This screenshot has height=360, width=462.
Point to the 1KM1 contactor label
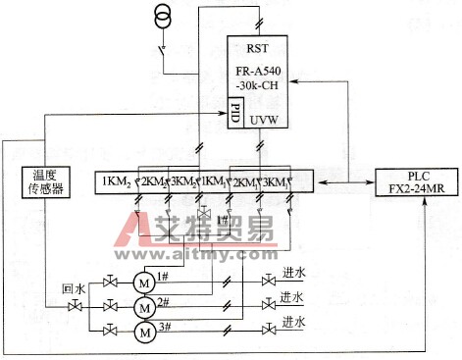pyautogui.click(x=213, y=181)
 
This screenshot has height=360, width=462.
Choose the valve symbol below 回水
pyautogui.click(x=74, y=307)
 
